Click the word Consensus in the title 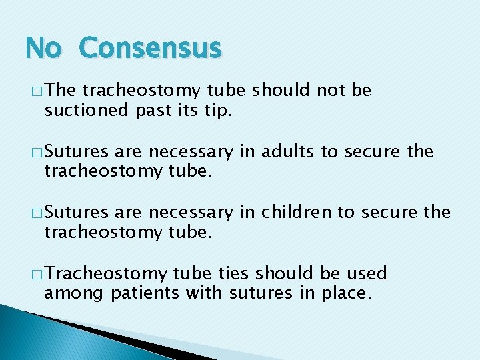149,48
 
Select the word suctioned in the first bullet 79,109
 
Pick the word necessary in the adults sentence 191,152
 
